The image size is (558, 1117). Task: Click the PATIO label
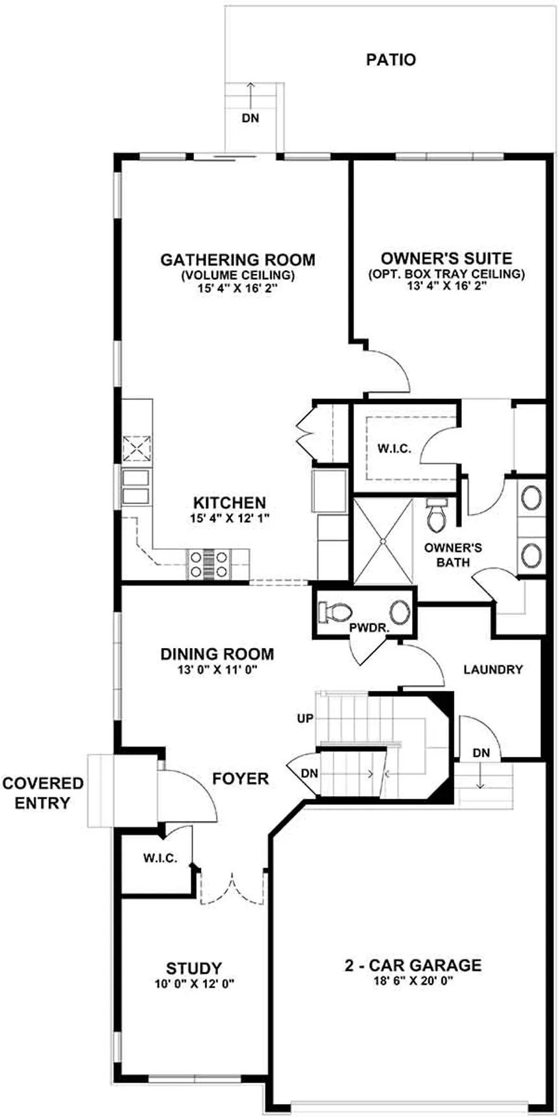(391, 60)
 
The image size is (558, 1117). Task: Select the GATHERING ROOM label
(237, 260)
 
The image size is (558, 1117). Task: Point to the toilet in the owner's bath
(435, 515)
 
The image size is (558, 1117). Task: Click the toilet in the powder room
(334, 612)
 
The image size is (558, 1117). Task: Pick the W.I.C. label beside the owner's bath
(394, 449)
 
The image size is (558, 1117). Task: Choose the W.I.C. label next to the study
(160, 858)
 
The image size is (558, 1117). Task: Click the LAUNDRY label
(493, 669)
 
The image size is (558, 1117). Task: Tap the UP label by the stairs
(305, 718)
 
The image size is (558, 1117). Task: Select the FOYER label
(241, 778)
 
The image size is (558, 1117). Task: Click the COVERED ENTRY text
(43, 793)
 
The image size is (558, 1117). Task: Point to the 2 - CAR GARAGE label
(413, 965)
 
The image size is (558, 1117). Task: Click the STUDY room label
(194, 969)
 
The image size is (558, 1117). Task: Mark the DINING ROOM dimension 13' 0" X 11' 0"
(217, 669)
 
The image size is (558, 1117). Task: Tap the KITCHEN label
(230, 503)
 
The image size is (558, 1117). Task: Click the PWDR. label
(368, 628)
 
